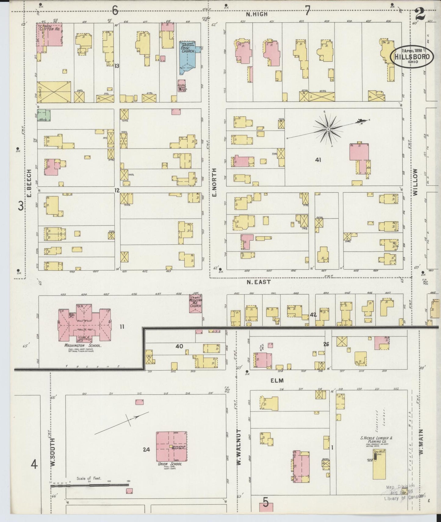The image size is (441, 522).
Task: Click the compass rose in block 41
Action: coord(328,129)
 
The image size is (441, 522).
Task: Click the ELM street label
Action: coord(277,380)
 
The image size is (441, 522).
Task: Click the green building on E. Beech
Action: coord(44,115)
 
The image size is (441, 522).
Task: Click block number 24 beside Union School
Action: coord(146,449)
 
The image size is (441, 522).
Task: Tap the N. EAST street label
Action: coord(258,282)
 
